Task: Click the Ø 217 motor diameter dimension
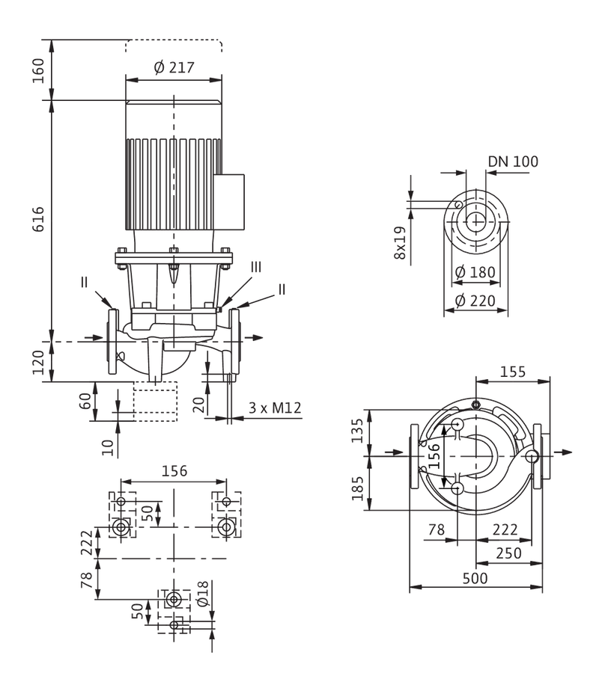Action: [174, 68]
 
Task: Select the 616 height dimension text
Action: [39, 219]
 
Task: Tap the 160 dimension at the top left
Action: [39, 71]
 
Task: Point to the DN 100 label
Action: [513, 162]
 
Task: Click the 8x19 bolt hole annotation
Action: [400, 242]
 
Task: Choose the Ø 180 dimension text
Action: [475, 272]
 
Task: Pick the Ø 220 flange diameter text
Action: [475, 301]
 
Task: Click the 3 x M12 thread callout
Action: [275, 408]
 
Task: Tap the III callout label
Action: [255, 267]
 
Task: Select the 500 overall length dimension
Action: [475, 578]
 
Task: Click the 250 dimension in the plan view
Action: [508, 553]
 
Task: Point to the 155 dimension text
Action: [513, 372]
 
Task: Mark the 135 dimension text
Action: [357, 431]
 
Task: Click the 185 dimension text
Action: [357, 488]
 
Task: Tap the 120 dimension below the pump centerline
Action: [39, 362]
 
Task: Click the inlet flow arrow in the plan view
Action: [395, 452]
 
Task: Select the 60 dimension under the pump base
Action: [86, 401]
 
